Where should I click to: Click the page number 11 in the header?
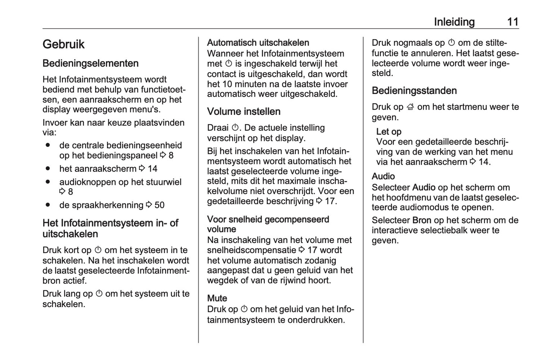[x=513, y=22]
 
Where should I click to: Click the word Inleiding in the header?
[x=454, y=22]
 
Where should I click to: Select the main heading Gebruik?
[x=63, y=44]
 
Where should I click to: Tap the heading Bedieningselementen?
[x=90, y=63]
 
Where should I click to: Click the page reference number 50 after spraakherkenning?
[x=159, y=205]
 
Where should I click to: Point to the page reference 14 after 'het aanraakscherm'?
[x=152, y=169]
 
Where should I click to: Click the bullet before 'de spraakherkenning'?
[x=47, y=205]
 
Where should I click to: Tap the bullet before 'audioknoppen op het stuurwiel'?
[x=47, y=182]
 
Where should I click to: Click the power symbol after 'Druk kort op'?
[x=98, y=250]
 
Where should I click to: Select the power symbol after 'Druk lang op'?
[x=99, y=294]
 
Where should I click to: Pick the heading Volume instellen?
[x=244, y=112]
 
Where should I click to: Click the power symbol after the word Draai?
[x=235, y=128]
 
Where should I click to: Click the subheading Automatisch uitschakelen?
[x=258, y=43]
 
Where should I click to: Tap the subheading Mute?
[x=217, y=298]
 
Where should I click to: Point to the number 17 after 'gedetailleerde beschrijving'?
[x=330, y=201]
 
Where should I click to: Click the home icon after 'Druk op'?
[x=410, y=107]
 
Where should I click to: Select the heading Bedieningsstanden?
[x=414, y=91]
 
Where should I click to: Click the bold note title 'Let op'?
[x=389, y=132]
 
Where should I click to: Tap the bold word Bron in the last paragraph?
[x=422, y=220]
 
